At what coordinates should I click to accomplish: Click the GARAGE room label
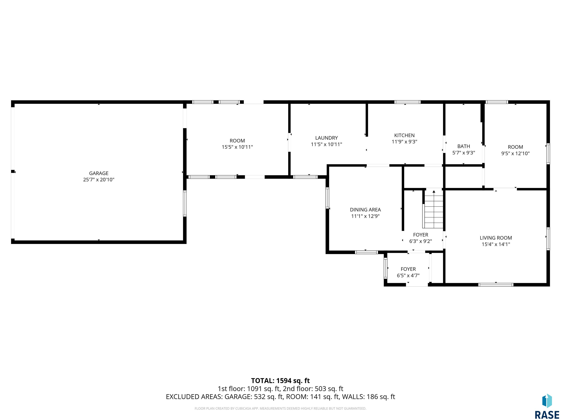tap(99, 173)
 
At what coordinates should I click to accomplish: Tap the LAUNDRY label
tap(326, 138)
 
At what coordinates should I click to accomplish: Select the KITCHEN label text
tap(404, 135)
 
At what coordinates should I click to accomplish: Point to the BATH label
tap(464, 146)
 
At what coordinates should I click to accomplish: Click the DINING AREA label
tap(365, 210)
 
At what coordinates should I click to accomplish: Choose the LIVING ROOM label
tap(496, 238)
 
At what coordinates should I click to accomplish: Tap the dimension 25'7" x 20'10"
tap(99, 180)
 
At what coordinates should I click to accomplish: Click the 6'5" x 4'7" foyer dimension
tap(408, 275)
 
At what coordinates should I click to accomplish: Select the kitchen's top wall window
tap(407, 102)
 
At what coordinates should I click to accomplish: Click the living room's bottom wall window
tap(496, 285)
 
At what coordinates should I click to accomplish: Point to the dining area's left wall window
tap(327, 198)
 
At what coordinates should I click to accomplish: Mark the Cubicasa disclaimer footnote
tap(280, 408)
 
